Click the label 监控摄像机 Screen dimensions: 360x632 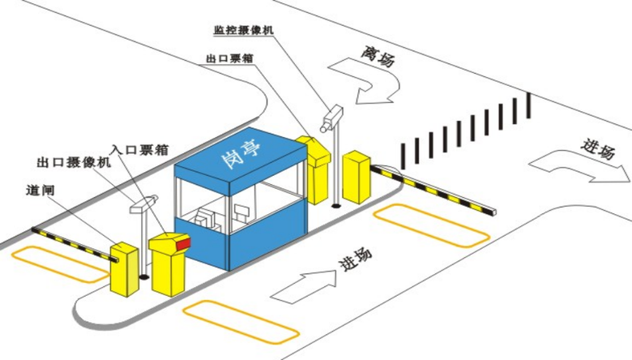pyautogui.click(x=244, y=30)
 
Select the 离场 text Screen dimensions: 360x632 pyautogui.click(x=379, y=54)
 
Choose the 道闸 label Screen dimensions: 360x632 pyautogui.click(x=40, y=191)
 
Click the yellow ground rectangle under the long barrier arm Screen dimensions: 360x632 pyautogui.click(x=431, y=225)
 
